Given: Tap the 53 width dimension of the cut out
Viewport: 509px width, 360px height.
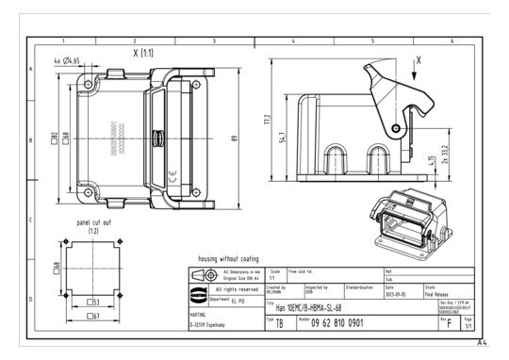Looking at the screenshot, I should coord(95,303).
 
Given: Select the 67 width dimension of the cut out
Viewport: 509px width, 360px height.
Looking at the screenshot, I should coord(95,317).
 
